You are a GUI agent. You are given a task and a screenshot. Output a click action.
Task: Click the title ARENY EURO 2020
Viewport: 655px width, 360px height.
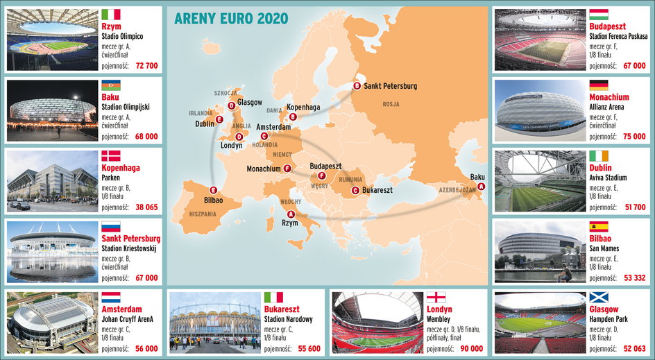point(230,19)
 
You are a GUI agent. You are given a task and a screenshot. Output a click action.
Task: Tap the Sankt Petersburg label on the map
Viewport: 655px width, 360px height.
point(391,86)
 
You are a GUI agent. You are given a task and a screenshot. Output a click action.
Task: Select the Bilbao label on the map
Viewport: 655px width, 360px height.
point(214,200)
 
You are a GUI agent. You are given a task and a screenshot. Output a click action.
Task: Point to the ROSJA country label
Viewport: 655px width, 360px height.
point(391,104)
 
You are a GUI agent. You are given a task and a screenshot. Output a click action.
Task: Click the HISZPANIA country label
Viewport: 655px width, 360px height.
point(203,214)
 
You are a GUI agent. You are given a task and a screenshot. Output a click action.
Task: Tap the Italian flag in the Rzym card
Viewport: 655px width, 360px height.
point(111,14)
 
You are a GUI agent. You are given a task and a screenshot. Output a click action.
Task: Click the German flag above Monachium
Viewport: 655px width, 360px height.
point(599,85)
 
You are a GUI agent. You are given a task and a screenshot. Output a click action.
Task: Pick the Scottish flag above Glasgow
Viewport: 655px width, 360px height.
point(599,298)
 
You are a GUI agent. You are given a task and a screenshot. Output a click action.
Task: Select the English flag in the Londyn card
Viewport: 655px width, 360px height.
point(436,298)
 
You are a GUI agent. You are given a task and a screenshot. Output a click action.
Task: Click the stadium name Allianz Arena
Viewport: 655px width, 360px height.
point(606,108)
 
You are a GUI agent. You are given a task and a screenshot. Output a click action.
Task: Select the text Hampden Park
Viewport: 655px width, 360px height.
point(609,320)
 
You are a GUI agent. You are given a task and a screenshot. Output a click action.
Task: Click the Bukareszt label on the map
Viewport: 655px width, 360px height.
point(377,189)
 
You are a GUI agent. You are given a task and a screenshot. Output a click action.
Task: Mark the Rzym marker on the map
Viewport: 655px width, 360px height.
point(291,214)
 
